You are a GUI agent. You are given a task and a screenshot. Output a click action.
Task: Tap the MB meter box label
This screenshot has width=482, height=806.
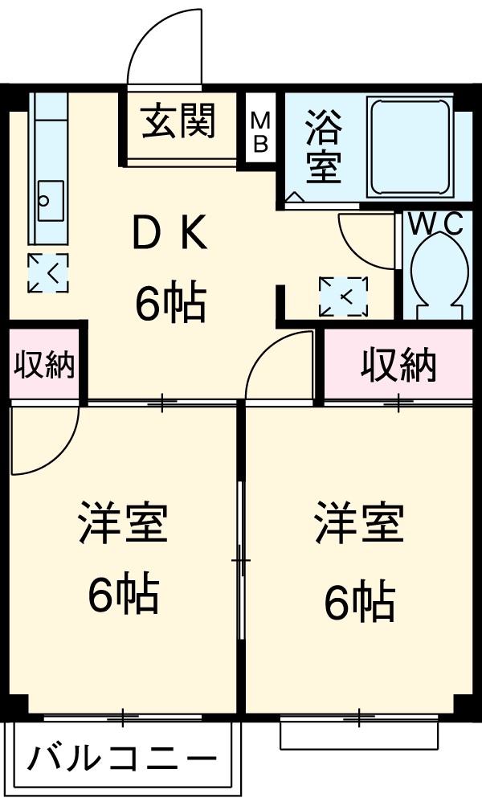260,131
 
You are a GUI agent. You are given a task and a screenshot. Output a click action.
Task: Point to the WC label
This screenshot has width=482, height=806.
436,224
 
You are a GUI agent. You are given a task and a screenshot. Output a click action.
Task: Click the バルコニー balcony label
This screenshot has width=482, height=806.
123,759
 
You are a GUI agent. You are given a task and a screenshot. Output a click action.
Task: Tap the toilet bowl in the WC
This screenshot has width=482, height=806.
437,277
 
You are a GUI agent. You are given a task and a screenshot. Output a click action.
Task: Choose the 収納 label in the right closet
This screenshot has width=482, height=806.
398,366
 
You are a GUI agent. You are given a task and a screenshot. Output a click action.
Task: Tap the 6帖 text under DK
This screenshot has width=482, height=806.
170,303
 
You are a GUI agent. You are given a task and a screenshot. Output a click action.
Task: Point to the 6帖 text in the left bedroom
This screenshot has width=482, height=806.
122,595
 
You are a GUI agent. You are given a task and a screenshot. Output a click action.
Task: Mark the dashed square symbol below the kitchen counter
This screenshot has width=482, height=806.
48,272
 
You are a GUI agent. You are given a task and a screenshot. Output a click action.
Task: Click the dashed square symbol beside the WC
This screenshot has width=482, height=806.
343,297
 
